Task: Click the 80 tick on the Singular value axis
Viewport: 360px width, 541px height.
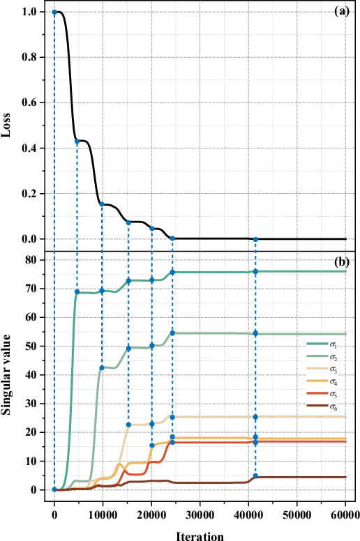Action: point(31,259)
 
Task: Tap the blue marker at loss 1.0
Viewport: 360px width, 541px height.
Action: point(54,12)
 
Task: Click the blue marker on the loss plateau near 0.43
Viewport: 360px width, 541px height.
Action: point(77,142)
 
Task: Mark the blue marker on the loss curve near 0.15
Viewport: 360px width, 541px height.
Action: point(102,204)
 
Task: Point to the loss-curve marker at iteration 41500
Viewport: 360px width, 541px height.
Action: point(255,239)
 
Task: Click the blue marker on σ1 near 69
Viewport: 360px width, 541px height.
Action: point(77,291)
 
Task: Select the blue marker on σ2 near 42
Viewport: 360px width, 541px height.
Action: point(102,367)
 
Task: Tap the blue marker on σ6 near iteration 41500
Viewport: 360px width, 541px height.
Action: point(255,476)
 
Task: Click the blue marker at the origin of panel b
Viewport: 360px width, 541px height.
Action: point(54,489)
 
